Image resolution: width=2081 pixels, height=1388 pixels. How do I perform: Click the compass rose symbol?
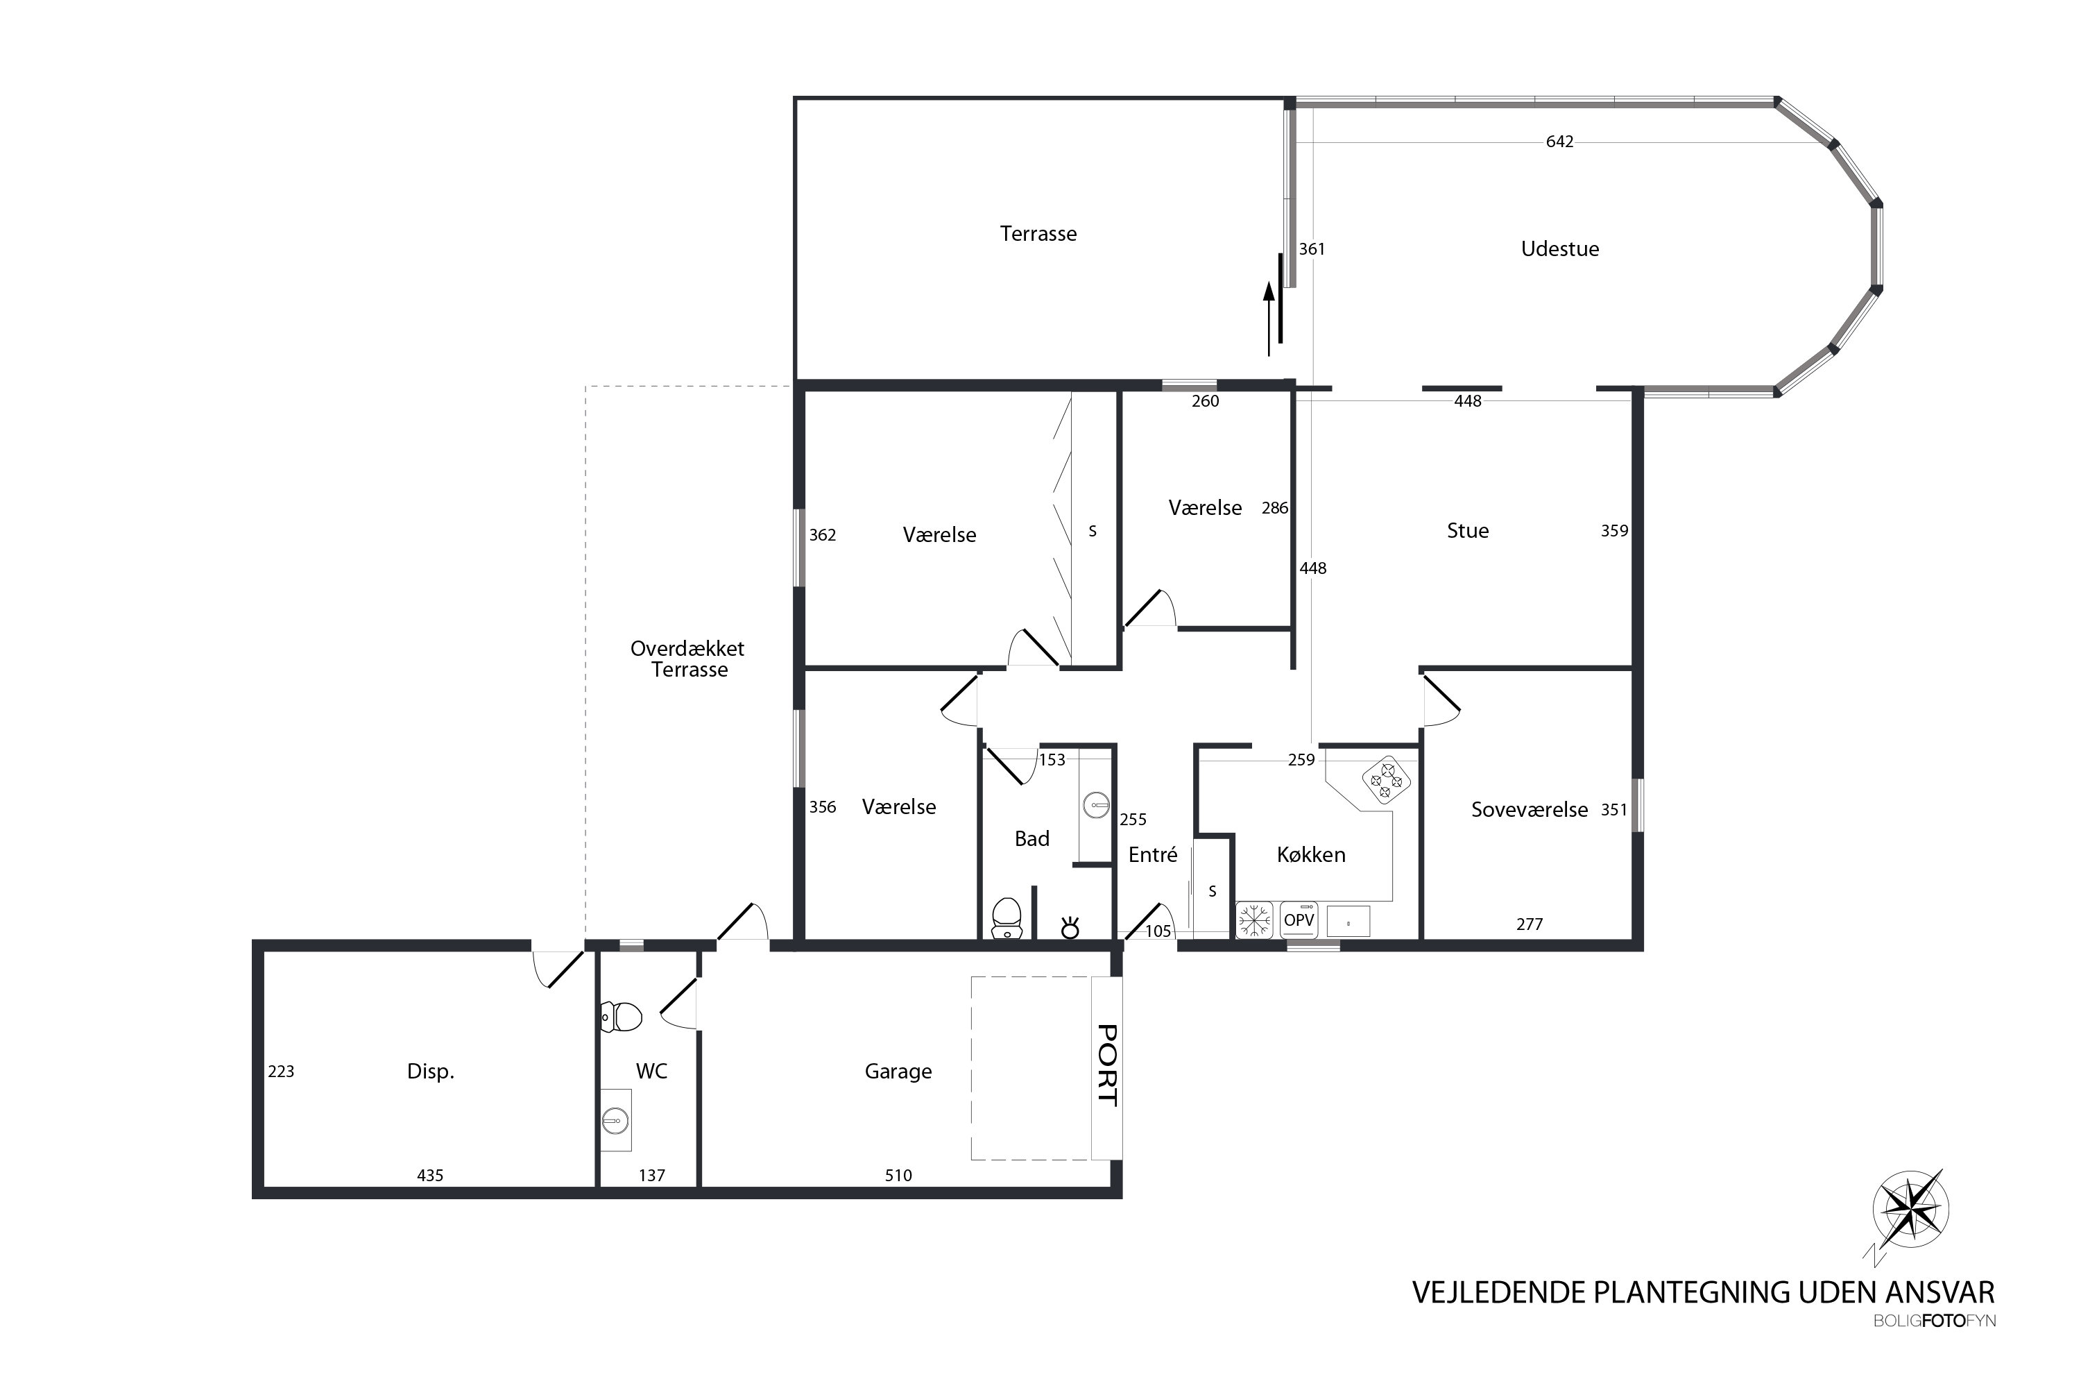pyautogui.click(x=1911, y=1208)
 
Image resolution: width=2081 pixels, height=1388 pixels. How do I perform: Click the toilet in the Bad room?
pyautogui.click(x=1007, y=919)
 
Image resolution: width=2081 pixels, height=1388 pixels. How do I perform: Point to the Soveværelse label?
pyautogui.click(x=1529, y=810)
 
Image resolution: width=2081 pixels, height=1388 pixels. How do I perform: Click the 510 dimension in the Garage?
pyautogui.click(x=898, y=1176)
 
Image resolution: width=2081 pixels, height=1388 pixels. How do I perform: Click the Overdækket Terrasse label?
pyautogui.click(x=687, y=659)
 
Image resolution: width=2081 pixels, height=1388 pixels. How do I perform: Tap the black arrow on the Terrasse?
pyautogui.click(x=1269, y=319)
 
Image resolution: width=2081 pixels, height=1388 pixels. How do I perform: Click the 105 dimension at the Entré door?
pyautogui.click(x=1158, y=931)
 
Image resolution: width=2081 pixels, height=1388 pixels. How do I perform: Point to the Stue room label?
pyautogui.click(x=1468, y=531)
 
